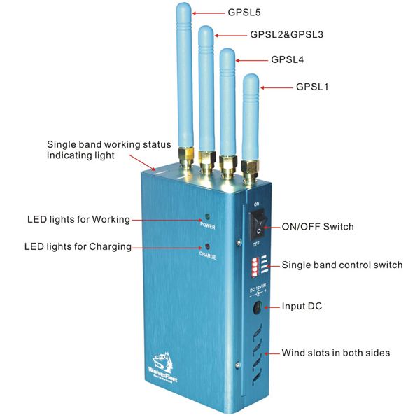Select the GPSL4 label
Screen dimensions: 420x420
coord(288,60)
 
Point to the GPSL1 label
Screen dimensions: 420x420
coord(312,87)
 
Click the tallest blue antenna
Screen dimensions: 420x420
coord(183,70)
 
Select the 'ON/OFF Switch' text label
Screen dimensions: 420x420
coord(317,227)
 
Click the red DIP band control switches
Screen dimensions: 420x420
coord(253,267)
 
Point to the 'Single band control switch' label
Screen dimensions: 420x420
coord(342,265)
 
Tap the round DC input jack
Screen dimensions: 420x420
coord(257,307)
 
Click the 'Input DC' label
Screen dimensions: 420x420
coord(302,307)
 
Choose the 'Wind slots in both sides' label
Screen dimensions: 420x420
coord(335,352)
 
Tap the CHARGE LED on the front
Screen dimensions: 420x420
coord(206,247)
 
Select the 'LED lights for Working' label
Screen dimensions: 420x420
coord(78,219)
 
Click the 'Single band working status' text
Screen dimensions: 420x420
coord(108,144)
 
